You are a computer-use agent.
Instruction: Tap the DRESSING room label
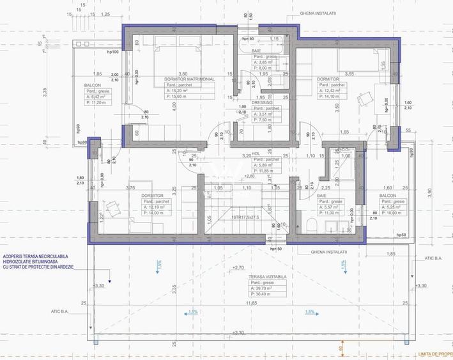click(263, 102)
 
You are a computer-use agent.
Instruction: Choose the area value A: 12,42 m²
click(332, 91)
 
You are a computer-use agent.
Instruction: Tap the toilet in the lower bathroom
click(308, 226)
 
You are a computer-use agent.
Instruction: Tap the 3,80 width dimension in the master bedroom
click(182, 74)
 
